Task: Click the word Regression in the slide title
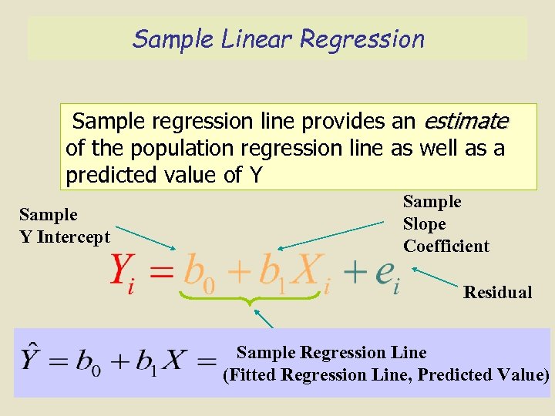[362, 39]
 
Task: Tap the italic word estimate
[466, 122]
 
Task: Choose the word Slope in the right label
[424, 224]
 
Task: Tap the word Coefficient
[446, 247]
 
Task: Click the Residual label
[497, 292]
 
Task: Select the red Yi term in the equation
[123, 272]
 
